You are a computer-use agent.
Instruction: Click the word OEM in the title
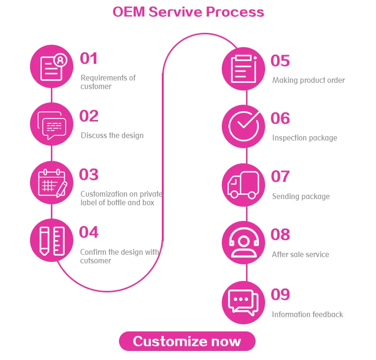pos(129,12)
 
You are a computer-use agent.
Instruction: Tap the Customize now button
pos(187,341)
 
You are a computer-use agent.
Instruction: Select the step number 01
pos(89,58)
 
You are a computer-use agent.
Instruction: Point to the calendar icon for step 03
pos(51,182)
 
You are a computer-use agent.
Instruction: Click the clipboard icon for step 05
pos(243,69)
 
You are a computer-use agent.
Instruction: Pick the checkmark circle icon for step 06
pos(243,126)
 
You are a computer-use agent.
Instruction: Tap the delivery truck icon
pos(243,185)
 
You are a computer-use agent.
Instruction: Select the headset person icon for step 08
pos(243,242)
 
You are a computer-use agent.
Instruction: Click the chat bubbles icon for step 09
pos(243,302)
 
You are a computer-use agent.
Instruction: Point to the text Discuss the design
pos(112,136)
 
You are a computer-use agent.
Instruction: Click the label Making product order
pos(308,80)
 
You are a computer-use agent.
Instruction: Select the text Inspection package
pos(305,138)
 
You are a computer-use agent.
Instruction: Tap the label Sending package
pos(301,197)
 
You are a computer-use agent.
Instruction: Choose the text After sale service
pos(300,254)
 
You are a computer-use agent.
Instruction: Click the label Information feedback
pos(307,314)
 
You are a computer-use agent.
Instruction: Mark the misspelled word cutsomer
pos(96,260)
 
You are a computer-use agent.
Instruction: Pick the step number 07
pos(280,176)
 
